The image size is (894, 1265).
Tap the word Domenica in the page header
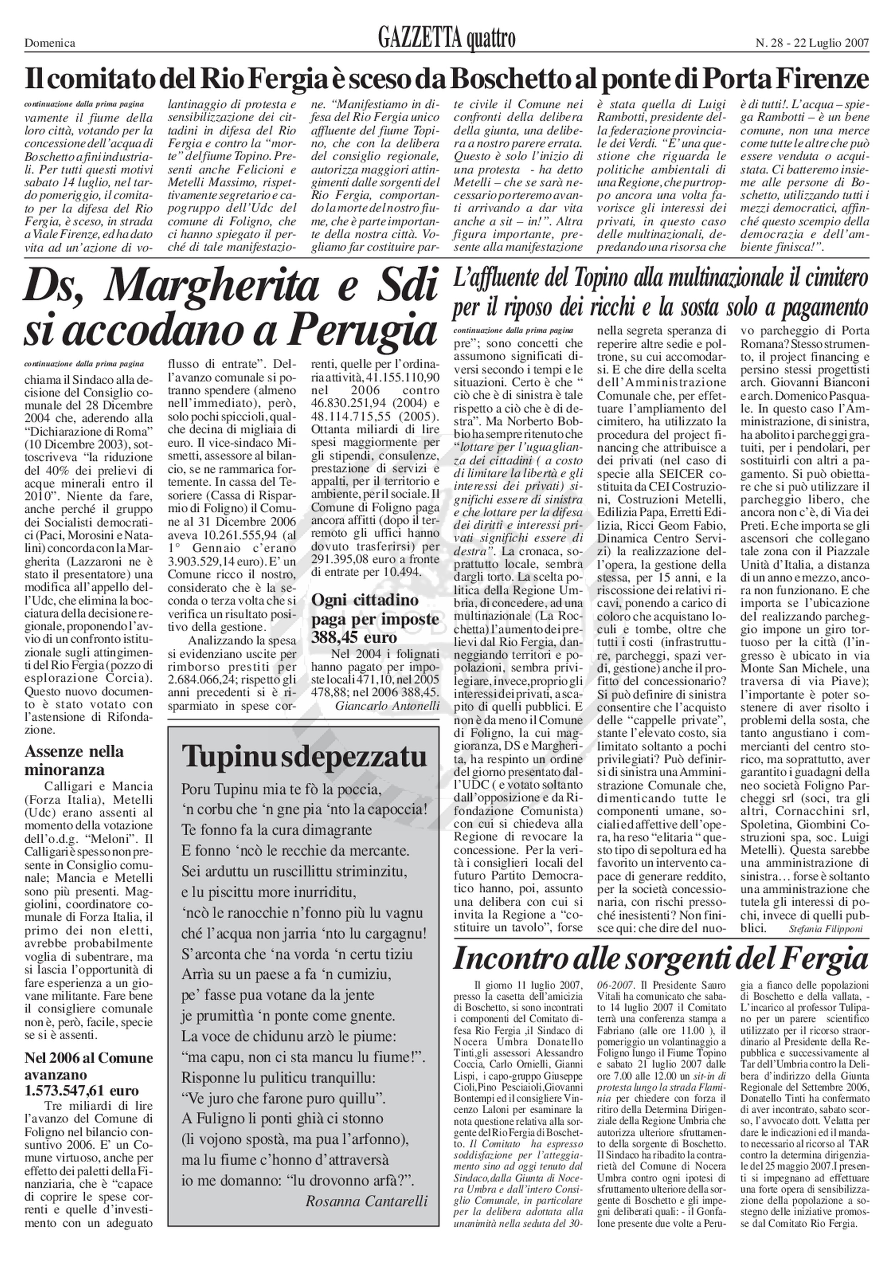pyautogui.click(x=50, y=43)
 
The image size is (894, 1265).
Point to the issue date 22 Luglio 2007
pyautogui.click(x=832, y=43)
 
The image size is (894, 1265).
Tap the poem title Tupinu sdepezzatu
pyautogui.click(x=304, y=757)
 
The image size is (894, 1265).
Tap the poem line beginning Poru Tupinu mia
pyautogui.click(x=281, y=789)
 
